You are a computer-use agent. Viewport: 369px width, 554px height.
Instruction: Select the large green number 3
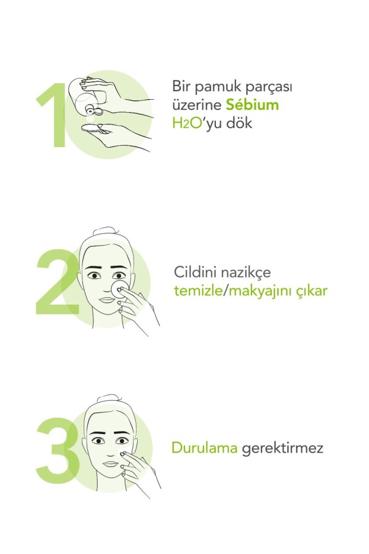(58, 450)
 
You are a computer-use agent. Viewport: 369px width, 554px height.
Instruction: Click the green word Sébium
(252, 105)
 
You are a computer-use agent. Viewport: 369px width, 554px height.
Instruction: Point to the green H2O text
(187, 123)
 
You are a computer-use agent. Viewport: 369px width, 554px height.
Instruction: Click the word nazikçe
(246, 273)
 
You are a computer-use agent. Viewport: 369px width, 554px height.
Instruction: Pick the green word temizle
(198, 291)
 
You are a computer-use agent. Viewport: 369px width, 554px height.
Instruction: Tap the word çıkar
(312, 291)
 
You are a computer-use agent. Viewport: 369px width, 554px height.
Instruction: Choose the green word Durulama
(204, 448)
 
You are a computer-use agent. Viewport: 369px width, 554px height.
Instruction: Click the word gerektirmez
(282, 449)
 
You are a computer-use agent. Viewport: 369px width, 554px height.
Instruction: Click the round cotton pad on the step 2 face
(119, 289)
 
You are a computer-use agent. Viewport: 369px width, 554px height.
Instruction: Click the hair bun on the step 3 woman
(109, 398)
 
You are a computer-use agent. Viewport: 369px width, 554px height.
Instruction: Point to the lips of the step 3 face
(111, 464)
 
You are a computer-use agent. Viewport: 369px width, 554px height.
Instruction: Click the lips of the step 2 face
(106, 300)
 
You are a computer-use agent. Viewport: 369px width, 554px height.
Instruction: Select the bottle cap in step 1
(93, 110)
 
